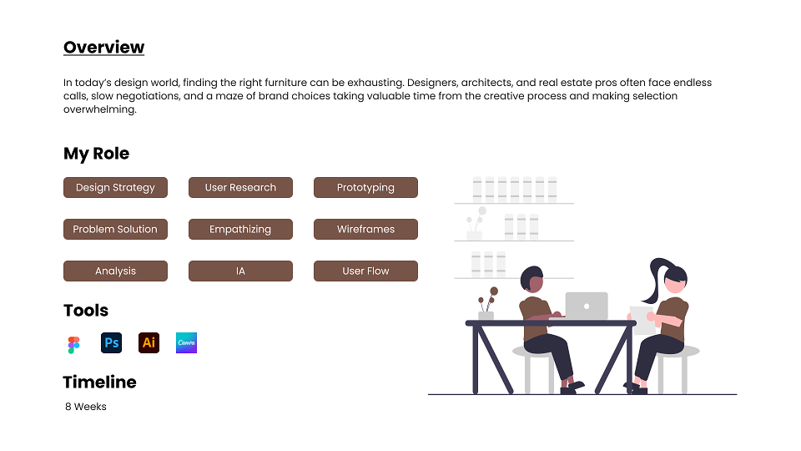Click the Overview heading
coord(103,47)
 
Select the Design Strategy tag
coord(115,188)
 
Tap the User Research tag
coord(240,188)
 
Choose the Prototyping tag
coord(365,188)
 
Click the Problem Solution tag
coord(115,229)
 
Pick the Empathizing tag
coord(240,229)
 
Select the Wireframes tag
coord(365,229)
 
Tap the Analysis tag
coord(115,271)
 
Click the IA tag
coord(240,271)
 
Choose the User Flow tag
coord(365,271)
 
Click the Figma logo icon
coord(73,345)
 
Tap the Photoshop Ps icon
coord(111,342)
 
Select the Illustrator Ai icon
coord(149,342)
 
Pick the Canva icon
coord(186,342)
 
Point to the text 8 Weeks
coord(86,407)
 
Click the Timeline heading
coord(99,382)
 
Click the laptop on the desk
coord(586,306)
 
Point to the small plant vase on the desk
coord(486,316)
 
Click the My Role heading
coord(97,154)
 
